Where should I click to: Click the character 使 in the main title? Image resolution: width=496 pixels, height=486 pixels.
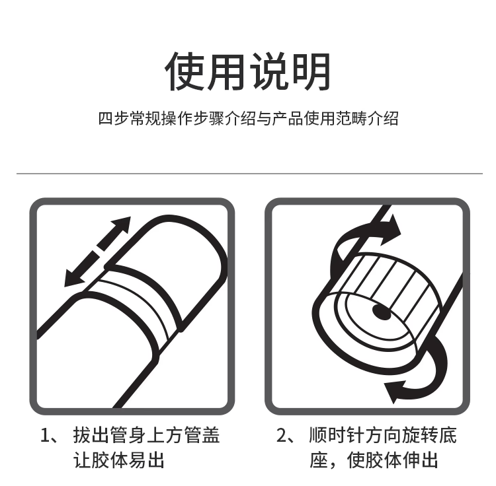point(185,71)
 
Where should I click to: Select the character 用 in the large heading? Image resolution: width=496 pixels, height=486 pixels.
point(226,71)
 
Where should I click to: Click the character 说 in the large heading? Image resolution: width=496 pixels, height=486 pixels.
point(269,71)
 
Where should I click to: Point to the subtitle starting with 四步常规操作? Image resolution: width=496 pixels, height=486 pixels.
point(248,119)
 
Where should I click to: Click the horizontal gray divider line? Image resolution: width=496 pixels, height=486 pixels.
point(249,174)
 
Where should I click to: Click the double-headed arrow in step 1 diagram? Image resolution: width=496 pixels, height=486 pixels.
point(97,252)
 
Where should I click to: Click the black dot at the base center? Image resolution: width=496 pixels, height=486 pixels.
point(382,312)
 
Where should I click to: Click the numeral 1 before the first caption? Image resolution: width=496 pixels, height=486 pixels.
point(45,435)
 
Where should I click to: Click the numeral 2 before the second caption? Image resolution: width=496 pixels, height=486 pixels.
point(281,435)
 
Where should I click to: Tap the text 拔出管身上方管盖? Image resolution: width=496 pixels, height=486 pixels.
point(146,435)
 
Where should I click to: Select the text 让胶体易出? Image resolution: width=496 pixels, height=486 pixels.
point(119,460)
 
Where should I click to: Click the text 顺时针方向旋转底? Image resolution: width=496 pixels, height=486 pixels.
point(383,435)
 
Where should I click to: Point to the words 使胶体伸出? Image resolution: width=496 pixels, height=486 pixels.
point(393,460)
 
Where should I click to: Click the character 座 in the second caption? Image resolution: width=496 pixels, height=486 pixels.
point(318,460)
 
